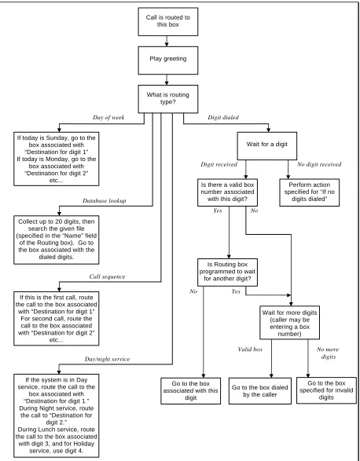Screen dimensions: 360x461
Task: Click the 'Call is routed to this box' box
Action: [167, 22]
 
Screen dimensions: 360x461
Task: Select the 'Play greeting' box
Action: [167, 60]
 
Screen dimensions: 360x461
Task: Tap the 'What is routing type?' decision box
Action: [167, 99]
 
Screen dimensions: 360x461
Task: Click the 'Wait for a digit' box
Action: [267, 146]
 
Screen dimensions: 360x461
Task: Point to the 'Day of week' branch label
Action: [108, 118]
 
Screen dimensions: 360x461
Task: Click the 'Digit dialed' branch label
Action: [223, 118]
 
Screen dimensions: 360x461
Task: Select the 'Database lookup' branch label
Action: [105, 201]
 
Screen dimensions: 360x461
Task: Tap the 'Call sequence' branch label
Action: [107, 277]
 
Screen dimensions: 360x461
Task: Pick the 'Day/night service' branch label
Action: [107, 359]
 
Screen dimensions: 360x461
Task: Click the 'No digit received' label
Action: [319, 164]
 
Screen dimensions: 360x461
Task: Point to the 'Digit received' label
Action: [219, 164]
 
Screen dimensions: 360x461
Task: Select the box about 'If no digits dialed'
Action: [310, 192]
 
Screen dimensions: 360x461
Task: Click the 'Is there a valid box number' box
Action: [227, 192]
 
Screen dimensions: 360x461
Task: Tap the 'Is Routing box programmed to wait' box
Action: [227, 273]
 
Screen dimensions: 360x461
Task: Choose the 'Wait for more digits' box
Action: [289, 323]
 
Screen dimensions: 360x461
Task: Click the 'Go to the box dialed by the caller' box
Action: [260, 391]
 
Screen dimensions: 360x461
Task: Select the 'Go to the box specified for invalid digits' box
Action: [326, 390]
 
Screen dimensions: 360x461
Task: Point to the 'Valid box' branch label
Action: [250, 349]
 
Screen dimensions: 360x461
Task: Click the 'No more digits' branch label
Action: [328, 353]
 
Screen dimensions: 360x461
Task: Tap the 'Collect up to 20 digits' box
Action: [57, 240]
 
